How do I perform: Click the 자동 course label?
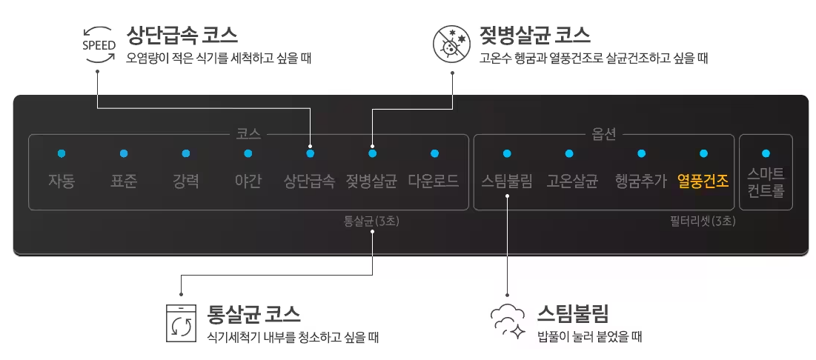pyautogui.click(x=62, y=181)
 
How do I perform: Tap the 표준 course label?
pyautogui.click(x=124, y=181)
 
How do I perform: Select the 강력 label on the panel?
pyautogui.click(x=186, y=181)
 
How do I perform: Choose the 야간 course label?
pyautogui.click(x=248, y=181)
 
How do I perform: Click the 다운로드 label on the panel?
pyautogui.click(x=434, y=181)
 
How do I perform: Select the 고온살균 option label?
pyautogui.click(x=572, y=181)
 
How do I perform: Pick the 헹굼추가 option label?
pyautogui.click(x=641, y=181)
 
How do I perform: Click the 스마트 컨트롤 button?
pyautogui.click(x=766, y=182)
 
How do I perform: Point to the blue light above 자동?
pyautogui.click(x=62, y=153)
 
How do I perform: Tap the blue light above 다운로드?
pyautogui.click(x=434, y=153)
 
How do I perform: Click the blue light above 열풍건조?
pyautogui.click(x=703, y=153)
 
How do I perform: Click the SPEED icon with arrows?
pyautogui.click(x=99, y=45)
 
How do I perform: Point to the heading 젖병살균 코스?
pyautogui.click(x=534, y=34)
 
